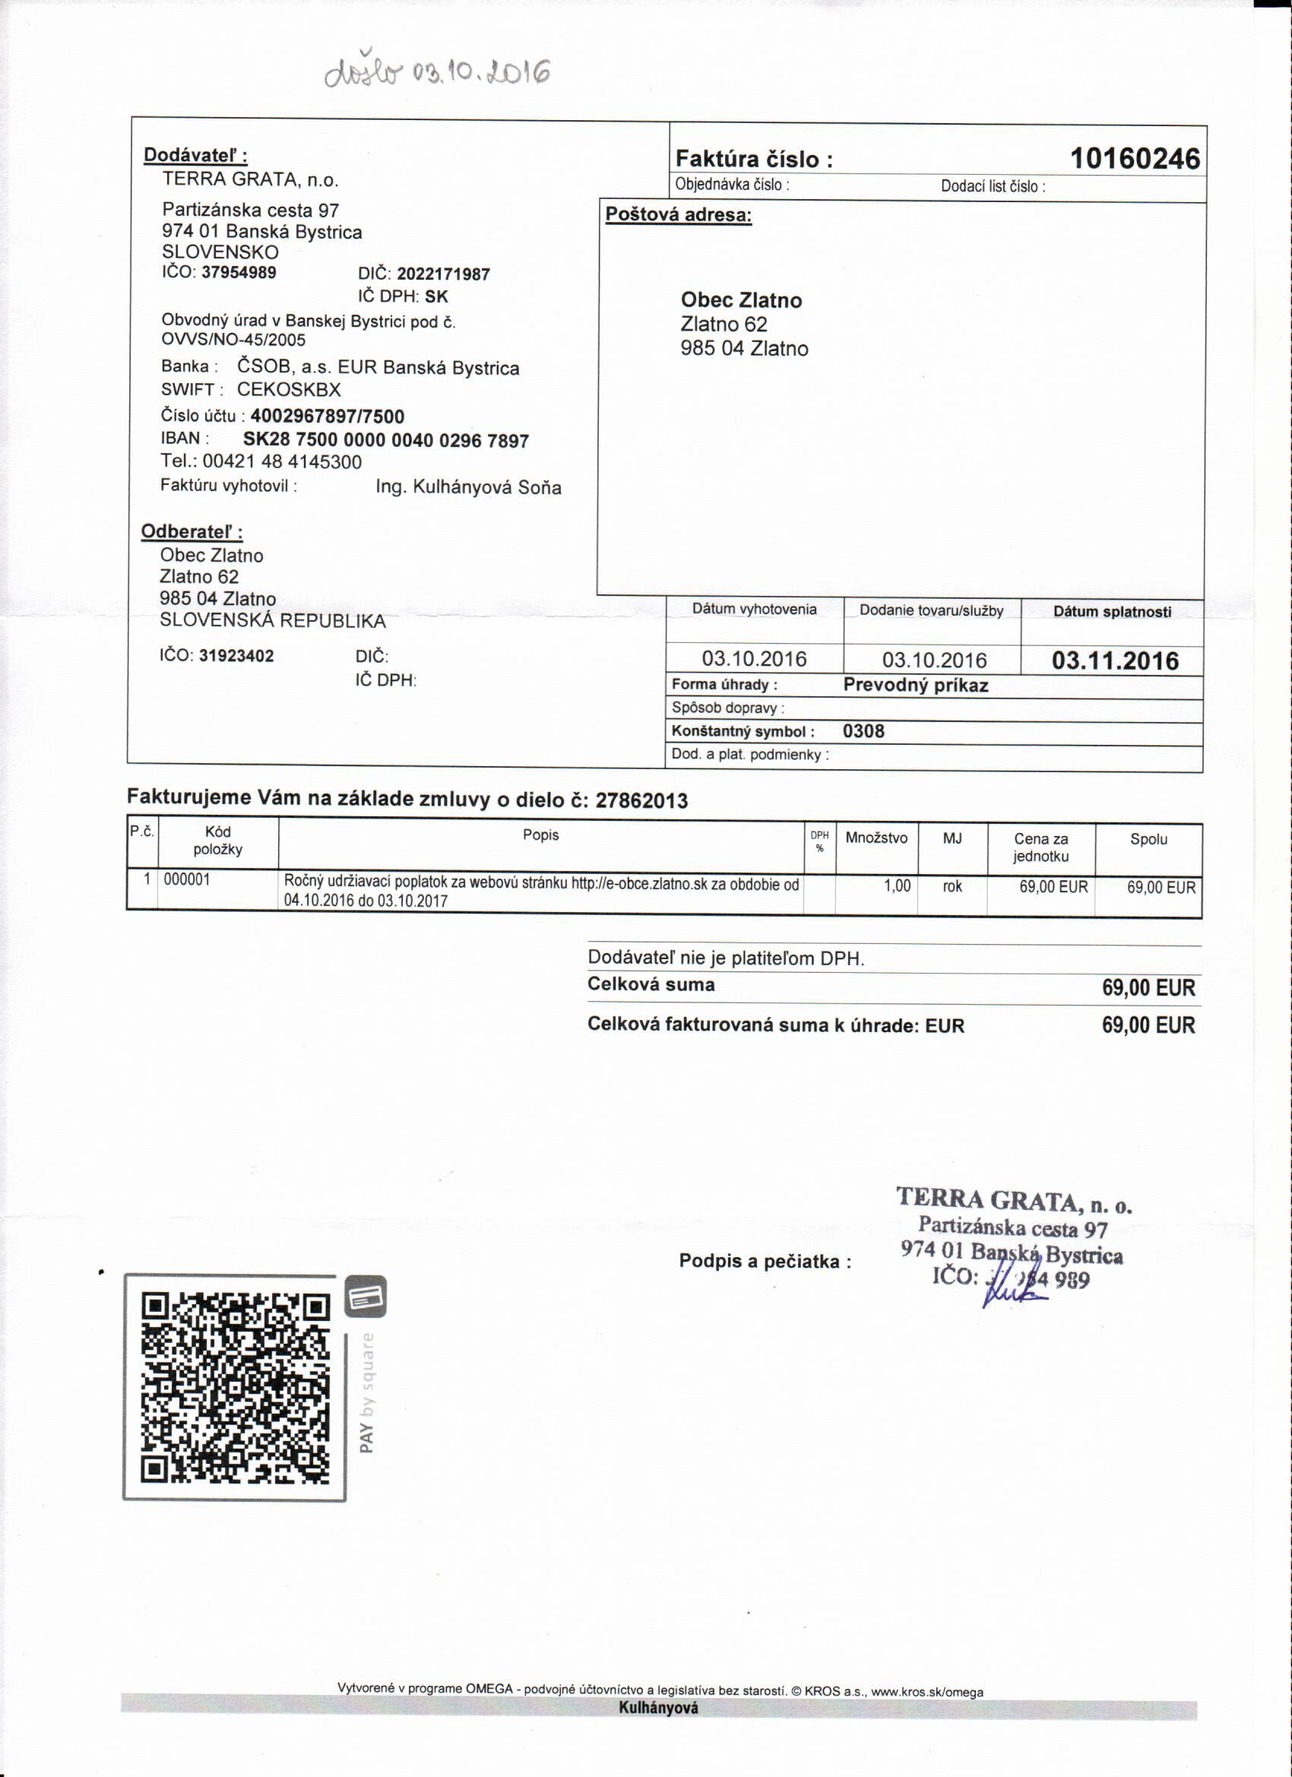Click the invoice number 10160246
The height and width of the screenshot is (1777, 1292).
click(x=1135, y=159)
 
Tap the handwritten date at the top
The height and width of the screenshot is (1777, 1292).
click(x=437, y=73)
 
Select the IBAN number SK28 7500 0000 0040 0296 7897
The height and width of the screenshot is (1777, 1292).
click(x=385, y=440)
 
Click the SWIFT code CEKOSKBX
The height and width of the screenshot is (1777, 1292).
click(x=289, y=389)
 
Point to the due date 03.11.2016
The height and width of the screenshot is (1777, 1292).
click(x=1114, y=660)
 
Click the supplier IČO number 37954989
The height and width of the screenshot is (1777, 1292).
click(x=239, y=273)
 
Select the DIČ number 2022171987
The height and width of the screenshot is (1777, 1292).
click(x=444, y=274)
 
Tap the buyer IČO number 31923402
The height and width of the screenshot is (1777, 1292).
click(x=236, y=656)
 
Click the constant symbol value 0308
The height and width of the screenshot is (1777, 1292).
click(x=863, y=731)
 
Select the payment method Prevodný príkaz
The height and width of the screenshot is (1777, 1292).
click(x=915, y=686)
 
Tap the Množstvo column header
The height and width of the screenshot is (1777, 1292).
click(x=876, y=838)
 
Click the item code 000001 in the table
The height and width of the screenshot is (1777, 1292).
click(x=187, y=880)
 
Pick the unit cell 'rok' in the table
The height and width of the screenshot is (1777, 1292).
click(x=952, y=887)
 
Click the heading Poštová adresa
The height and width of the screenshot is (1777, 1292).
click(x=679, y=214)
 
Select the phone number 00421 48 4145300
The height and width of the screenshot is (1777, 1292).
click(x=282, y=462)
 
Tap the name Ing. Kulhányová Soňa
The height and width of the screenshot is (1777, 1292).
click(x=467, y=487)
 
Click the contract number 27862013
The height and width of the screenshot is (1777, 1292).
click(x=641, y=801)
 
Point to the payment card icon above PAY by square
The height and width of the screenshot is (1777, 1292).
click(x=366, y=1297)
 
